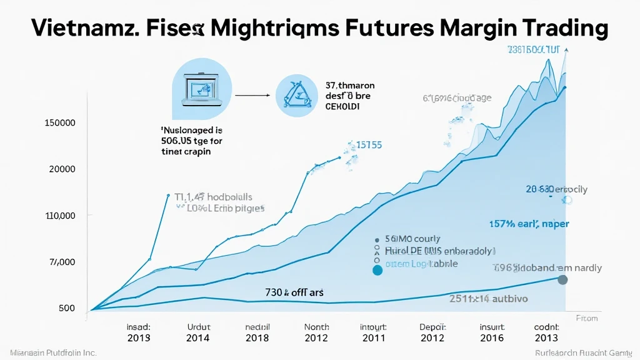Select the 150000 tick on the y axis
pyautogui.click(x=61, y=122)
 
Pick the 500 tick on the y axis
pyautogui.click(x=67, y=308)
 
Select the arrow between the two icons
pyautogui.click(x=252, y=96)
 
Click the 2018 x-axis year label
pyautogui.click(x=257, y=338)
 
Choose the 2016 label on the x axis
pyautogui.click(x=491, y=338)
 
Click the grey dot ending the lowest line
pyautogui.click(x=562, y=280)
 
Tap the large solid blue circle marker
pyautogui.click(x=377, y=271)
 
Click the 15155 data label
pyautogui.click(x=369, y=145)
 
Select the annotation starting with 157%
pyautogui.click(x=529, y=224)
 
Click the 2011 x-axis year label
pyautogui.click(x=374, y=338)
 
